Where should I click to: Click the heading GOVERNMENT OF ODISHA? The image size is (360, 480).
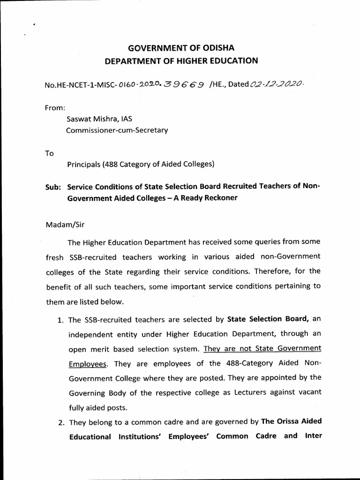pos(181,48)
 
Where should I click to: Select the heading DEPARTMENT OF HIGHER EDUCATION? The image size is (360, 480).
pos(181,60)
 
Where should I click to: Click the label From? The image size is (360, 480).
pos(54,107)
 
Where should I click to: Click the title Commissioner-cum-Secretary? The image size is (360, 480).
pos(117,131)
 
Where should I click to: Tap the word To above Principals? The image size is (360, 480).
pos(50,153)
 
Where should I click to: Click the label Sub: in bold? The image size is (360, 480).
pos(53,186)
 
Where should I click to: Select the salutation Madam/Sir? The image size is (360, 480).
pos(64,225)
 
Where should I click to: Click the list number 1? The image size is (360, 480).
pos(60,321)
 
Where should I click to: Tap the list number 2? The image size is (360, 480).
pos(61,422)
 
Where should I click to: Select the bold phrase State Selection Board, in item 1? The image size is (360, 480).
pos(268,320)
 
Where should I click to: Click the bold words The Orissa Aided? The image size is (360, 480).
pos(291,421)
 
